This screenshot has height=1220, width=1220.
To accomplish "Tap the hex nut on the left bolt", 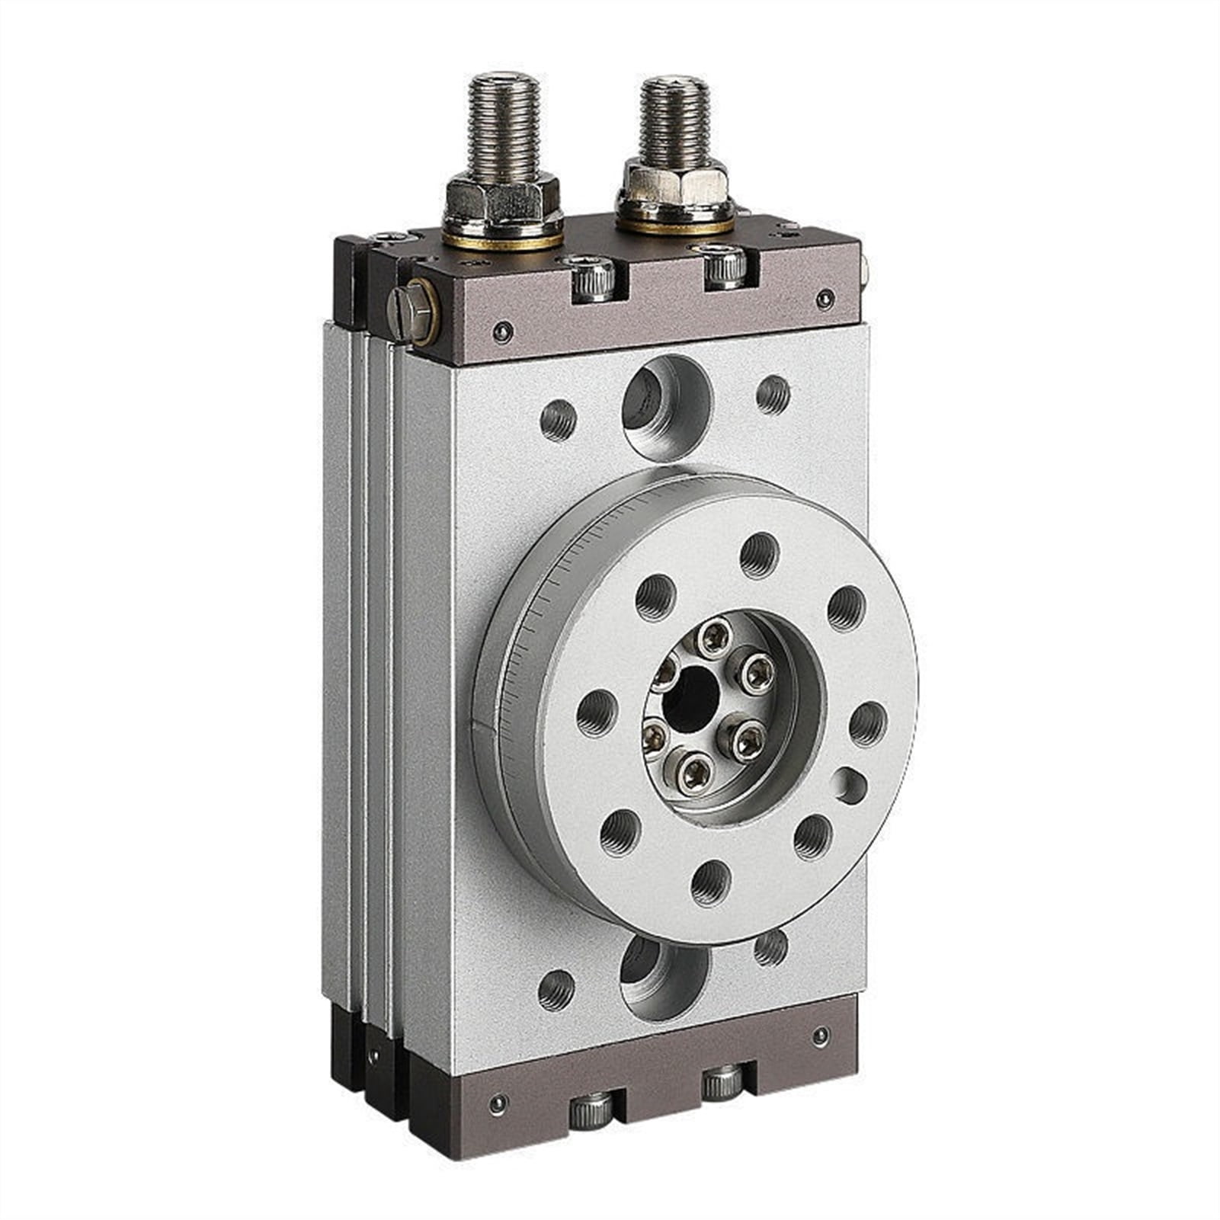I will tap(502, 200).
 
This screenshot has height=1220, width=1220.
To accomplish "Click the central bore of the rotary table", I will tap(691, 699).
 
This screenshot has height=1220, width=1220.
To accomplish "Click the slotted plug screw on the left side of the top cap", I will tap(412, 312).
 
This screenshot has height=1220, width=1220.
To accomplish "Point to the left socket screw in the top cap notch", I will tap(593, 278).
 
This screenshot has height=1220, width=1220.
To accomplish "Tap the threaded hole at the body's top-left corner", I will tap(558, 420).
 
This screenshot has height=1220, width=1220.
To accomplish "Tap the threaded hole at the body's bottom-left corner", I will tap(556, 990).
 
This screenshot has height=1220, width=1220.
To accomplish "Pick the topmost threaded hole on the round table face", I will tap(760, 555).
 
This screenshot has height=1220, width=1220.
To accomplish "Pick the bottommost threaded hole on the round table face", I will tap(710, 884).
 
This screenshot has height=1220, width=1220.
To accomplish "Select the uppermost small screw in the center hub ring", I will tap(716, 637).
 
